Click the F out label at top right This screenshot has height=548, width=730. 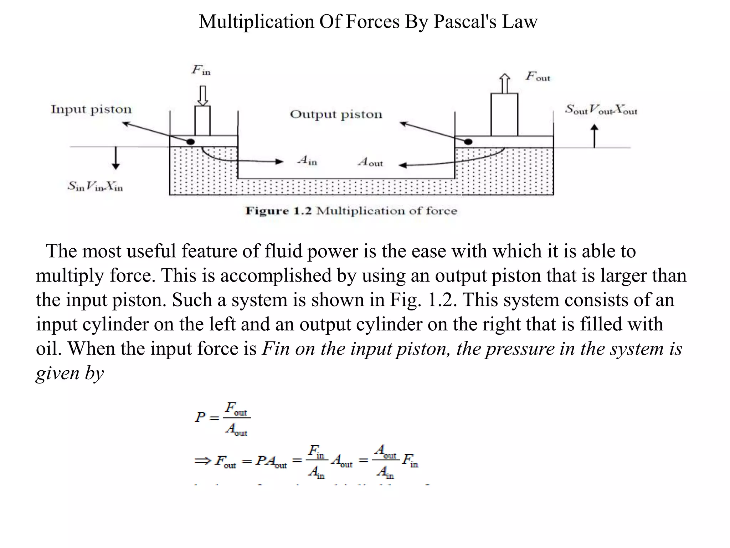(x=538, y=76)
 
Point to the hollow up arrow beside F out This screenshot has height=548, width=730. (x=504, y=83)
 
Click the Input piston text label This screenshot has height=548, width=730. (x=91, y=109)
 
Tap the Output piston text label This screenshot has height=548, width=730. (x=336, y=115)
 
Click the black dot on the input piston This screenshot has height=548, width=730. (x=191, y=142)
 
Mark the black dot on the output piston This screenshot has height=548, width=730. (x=468, y=142)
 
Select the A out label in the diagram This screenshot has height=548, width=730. (x=370, y=162)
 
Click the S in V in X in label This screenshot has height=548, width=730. (x=95, y=186)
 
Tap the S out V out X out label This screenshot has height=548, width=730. (x=601, y=110)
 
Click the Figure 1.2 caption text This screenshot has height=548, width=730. (x=351, y=211)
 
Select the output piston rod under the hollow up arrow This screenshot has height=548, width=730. (x=504, y=115)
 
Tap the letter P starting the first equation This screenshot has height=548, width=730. (x=200, y=417)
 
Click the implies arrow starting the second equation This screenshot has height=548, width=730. (x=203, y=461)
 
